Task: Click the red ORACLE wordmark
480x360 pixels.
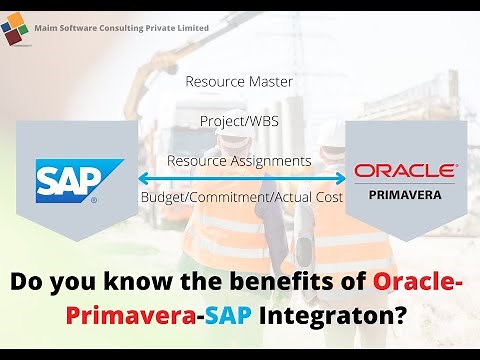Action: pyautogui.click(x=405, y=171)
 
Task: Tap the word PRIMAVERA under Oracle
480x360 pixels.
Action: pyautogui.click(x=405, y=195)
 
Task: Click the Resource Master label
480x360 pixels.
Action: pyautogui.click(x=239, y=82)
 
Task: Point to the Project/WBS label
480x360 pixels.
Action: pyautogui.click(x=239, y=120)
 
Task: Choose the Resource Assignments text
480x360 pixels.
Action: pyautogui.click(x=239, y=160)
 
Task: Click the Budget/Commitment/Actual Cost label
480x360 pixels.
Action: pyautogui.click(x=240, y=198)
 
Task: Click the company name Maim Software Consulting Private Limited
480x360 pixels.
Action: pyautogui.click(x=123, y=28)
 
